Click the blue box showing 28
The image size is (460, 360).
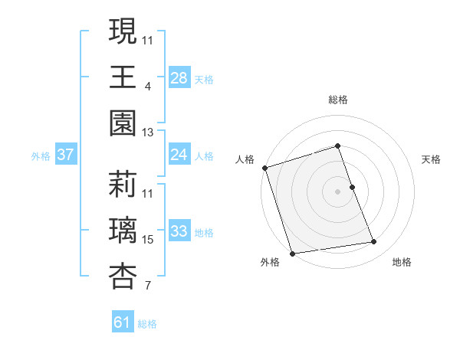click(179, 78)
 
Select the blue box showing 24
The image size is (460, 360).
click(179, 155)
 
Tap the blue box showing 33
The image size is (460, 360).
click(179, 231)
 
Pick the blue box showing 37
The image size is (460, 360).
click(66, 155)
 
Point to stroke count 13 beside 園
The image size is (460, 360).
click(148, 133)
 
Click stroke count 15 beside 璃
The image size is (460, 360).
click(148, 240)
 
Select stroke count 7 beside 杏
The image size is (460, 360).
click(148, 286)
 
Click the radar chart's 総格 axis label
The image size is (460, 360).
click(338, 100)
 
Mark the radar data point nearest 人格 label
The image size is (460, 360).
click(265, 167)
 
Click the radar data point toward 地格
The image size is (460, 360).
click(374, 242)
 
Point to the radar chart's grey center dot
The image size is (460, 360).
click(338, 191)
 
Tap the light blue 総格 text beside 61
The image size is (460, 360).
click(147, 324)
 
